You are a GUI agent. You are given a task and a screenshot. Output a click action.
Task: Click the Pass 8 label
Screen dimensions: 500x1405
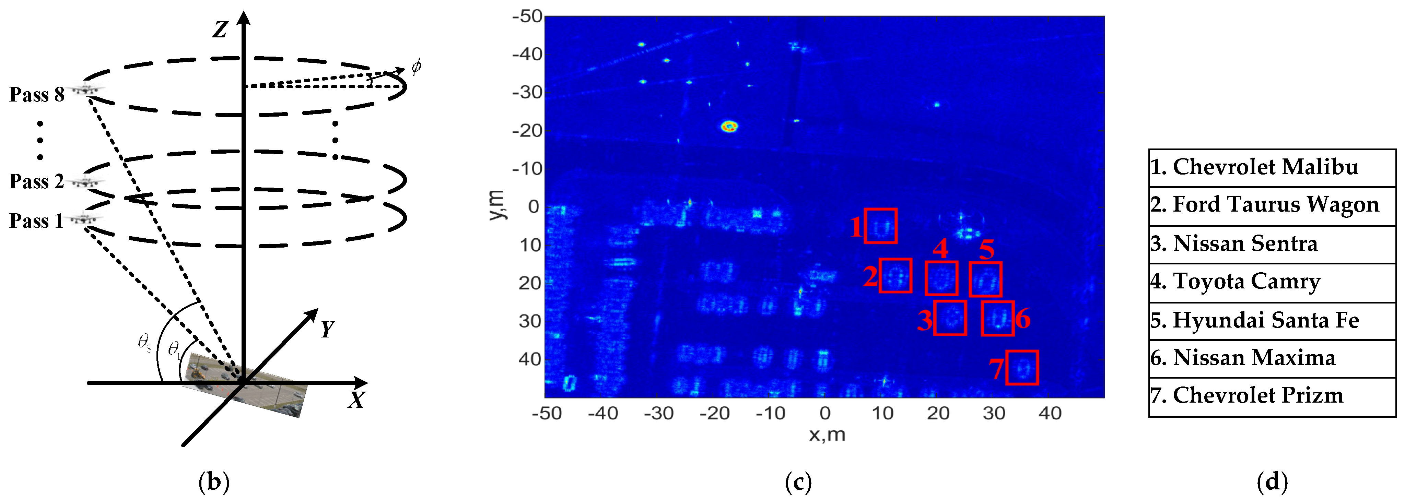(x=37, y=95)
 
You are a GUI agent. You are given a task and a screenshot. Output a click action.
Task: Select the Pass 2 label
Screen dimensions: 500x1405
(x=37, y=181)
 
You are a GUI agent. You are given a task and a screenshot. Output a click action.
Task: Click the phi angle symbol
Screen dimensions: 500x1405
(x=416, y=67)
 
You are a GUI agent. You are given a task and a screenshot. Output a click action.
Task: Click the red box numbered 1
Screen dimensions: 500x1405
(x=880, y=226)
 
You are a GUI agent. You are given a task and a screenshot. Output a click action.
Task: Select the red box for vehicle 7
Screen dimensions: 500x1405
(x=1021, y=368)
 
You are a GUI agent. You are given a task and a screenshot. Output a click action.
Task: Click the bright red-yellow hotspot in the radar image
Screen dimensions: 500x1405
(x=729, y=127)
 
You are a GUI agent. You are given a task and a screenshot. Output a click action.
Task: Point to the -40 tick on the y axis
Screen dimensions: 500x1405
(x=527, y=55)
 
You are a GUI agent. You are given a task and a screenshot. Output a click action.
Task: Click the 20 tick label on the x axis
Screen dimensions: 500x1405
(x=938, y=413)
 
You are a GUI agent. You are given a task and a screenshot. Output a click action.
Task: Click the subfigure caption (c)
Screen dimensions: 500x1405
(x=798, y=482)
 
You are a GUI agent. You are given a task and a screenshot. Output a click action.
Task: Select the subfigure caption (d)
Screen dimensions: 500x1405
(x=1272, y=482)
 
